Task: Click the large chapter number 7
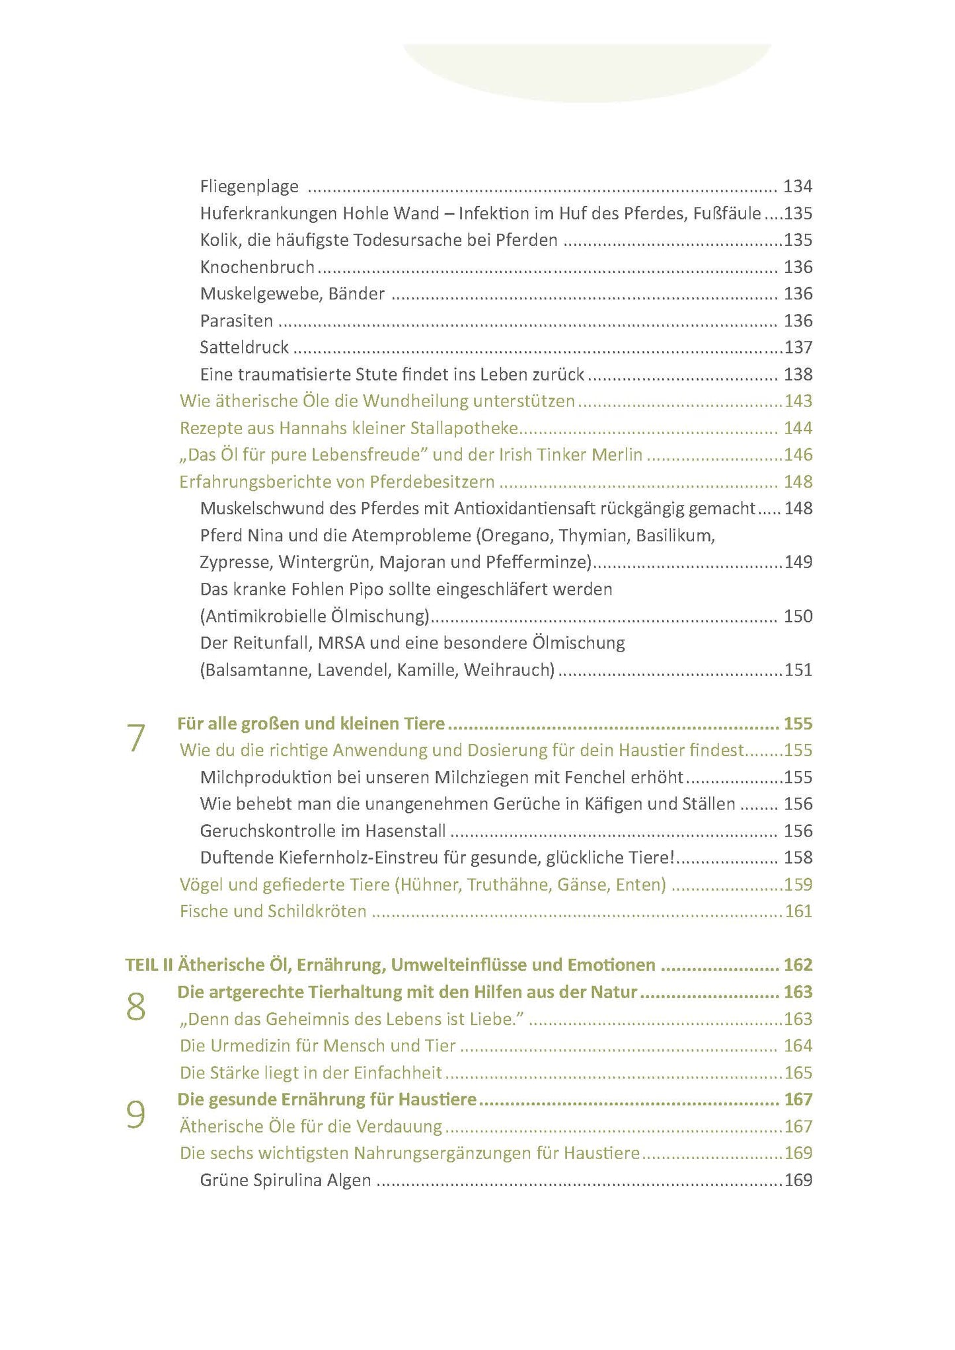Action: point(135,739)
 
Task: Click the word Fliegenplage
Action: point(249,187)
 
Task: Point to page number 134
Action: point(798,187)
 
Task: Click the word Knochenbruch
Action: point(257,268)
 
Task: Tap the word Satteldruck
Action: point(245,348)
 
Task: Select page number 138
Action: point(798,375)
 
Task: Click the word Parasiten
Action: point(237,321)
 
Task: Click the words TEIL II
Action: point(149,965)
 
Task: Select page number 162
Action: point(798,965)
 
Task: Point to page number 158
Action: point(798,858)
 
